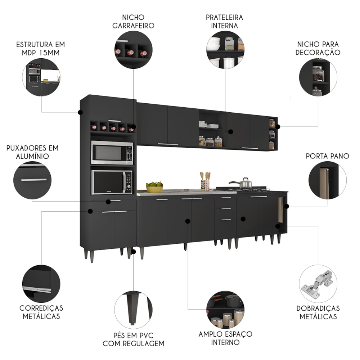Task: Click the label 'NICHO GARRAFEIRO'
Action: tap(134, 21)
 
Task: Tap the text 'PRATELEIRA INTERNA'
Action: tap(225, 21)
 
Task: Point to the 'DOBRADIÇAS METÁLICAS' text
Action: tap(318, 312)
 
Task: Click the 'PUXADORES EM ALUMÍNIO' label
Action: tap(32, 152)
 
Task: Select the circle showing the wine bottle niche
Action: tap(134, 50)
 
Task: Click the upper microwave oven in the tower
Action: tap(112, 153)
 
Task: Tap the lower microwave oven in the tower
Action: tap(112, 182)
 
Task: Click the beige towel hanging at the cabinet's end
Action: tap(281, 210)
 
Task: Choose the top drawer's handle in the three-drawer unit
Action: tap(226, 198)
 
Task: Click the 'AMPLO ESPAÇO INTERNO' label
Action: tap(225, 338)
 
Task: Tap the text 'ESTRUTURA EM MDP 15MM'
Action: tap(41, 49)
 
